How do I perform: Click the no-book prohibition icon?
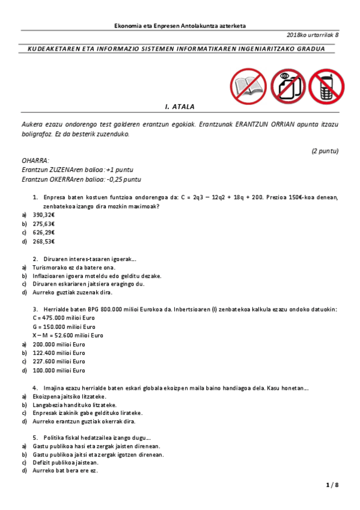(248, 85)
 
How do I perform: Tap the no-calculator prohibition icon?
(287, 85)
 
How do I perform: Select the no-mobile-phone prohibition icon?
(325, 85)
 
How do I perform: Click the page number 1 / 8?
(332, 485)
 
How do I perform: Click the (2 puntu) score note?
(325, 150)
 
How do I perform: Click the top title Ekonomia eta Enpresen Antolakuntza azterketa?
(180, 26)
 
